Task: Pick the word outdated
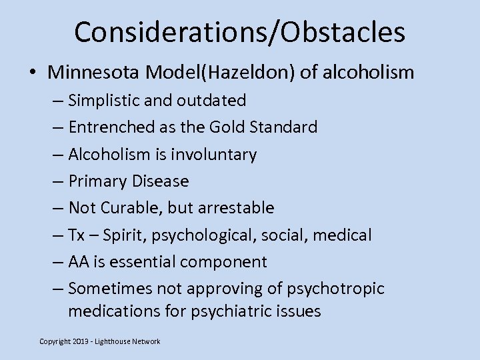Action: (x=211, y=101)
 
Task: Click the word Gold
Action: (x=227, y=127)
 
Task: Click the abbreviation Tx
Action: (x=77, y=235)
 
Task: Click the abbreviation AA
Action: (x=79, y=262)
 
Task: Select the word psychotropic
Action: (x=337, y=289)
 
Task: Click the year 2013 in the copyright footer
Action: (x=81, y=341)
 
